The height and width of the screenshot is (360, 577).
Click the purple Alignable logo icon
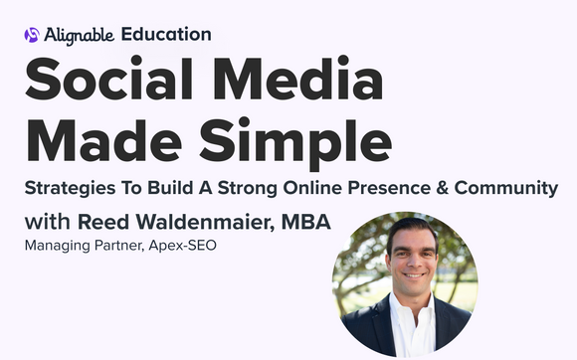tap(32, 35)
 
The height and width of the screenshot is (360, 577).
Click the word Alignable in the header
tap(79, 35)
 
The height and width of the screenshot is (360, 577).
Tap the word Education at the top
tap(166, 34)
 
